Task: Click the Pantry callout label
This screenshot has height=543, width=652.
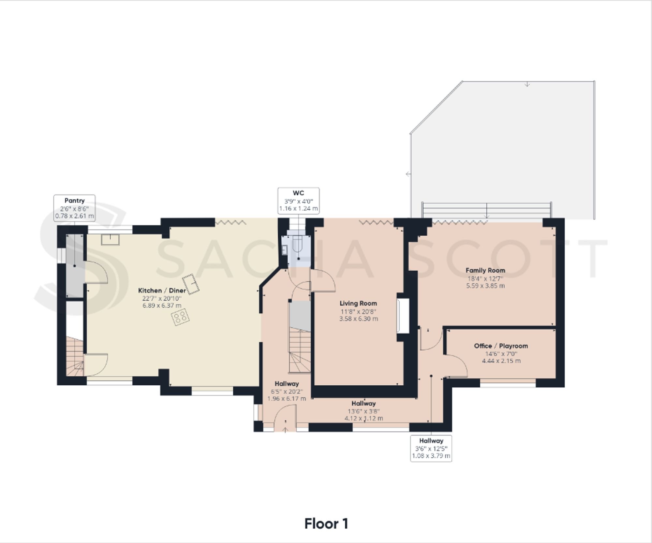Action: click(74, 208)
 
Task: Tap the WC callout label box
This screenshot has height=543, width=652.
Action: click(298, 201)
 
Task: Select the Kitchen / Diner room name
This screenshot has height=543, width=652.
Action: click(162, 291)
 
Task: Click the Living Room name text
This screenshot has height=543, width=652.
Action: click(358, 303)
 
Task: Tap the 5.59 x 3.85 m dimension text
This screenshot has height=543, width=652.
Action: click(485, 286)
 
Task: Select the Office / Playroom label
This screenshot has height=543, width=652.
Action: click(501, 346)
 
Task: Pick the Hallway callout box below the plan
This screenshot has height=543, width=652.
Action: click(431, 448)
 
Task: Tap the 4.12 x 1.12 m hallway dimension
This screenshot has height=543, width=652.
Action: click(364, 418)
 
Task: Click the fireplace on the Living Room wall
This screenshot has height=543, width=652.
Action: click(403, 316)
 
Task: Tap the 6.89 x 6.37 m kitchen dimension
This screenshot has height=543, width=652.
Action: click(162, 306)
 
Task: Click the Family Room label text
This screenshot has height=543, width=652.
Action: click(485, 270)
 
